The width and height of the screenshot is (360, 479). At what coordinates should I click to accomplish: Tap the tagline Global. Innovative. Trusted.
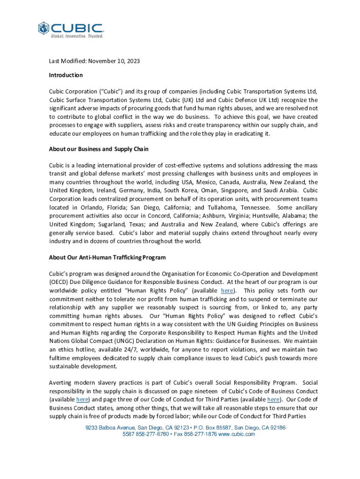point(77,36)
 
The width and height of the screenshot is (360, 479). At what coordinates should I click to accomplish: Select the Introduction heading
point(66,75)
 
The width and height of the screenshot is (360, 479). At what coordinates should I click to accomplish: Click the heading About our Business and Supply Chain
point(99,149)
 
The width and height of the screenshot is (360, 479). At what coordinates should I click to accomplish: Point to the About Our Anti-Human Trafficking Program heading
point(107,258)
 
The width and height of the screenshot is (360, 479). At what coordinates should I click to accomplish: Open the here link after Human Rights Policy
point(227,290)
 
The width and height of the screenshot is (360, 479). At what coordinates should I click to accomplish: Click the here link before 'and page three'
point(82,399)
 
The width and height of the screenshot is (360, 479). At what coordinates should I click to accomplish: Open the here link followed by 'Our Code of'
point(274,399)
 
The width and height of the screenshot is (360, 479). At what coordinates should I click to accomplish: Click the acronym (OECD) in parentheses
point(59,282)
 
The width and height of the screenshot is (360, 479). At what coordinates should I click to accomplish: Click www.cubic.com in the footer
point(237,434)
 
